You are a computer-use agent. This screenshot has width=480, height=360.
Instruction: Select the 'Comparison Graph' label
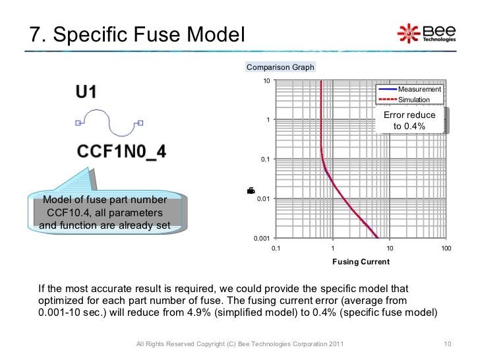point(280,67)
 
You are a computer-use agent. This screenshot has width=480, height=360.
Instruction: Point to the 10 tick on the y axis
point(266,80)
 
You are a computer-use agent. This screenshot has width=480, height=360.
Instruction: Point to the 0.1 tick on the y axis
point(266,160)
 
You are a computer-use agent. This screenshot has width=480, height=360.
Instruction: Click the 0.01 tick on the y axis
point(264,198)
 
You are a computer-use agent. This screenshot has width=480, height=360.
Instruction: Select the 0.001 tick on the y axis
point(263,238)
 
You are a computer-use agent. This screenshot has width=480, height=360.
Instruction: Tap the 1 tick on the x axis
point(332,248)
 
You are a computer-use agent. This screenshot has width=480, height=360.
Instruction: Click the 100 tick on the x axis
point(446,248)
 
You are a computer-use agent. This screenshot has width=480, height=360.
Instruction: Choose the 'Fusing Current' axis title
point(361,262)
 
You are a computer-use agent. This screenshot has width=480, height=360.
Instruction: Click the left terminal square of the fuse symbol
point(78,122)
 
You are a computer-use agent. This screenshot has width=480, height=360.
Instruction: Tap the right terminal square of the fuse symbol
point(140,122)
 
